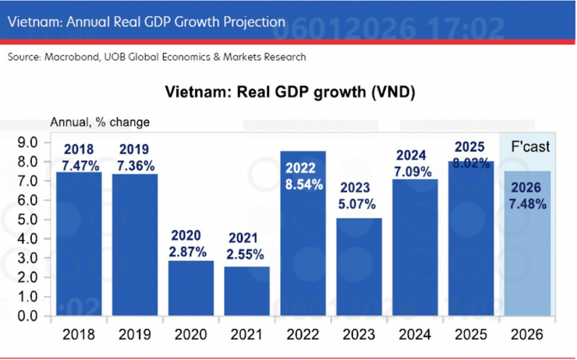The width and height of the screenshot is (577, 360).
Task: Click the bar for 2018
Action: [x=79, y=249]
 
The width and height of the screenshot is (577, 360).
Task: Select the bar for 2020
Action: [x=191, y=289]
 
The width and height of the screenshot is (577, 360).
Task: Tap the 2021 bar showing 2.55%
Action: [x=247, y=292]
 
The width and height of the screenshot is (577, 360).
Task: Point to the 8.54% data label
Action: [x=303, y=187]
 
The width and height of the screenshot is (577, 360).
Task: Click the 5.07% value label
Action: [x=358, y=205]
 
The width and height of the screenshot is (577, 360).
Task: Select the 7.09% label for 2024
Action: [x=414, y=171]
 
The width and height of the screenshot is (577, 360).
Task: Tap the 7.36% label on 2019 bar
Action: [x=135, y=166]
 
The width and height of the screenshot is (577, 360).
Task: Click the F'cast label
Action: [x=529, y=146]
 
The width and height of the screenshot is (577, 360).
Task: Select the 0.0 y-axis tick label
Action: [x=27, y=316]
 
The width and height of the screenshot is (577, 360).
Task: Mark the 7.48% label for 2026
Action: [x=528, y=204]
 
